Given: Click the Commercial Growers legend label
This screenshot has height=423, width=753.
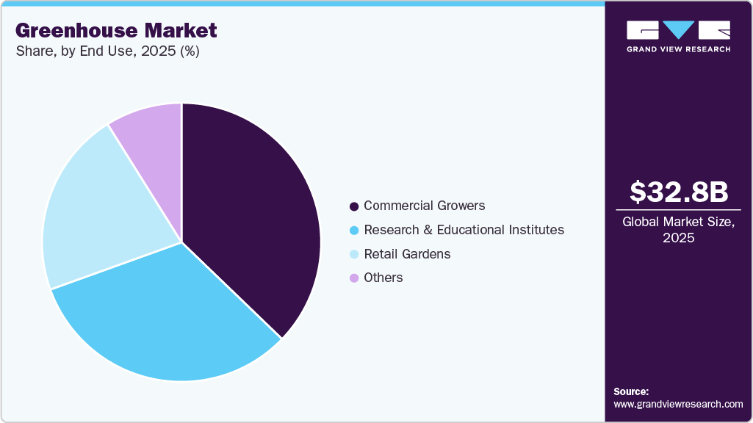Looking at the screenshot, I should point(425,206).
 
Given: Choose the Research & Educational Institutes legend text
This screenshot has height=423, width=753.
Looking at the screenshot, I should point(464,230).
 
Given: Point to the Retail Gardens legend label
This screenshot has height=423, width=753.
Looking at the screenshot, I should point(407,254).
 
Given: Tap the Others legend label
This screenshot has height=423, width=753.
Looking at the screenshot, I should point(383,278).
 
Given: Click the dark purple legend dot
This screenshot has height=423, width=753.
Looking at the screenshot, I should point(354,206).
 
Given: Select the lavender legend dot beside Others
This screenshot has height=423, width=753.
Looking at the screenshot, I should point(354,278).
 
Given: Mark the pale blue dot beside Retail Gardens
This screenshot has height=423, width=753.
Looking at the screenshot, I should point(354,254).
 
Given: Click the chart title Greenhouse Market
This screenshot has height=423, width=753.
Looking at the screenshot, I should point(116,30).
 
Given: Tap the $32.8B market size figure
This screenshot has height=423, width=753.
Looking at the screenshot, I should point(679,192).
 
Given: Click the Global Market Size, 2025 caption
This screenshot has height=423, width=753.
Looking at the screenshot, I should point(679,230).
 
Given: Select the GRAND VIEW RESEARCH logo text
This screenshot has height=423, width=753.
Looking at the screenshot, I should point(679,49).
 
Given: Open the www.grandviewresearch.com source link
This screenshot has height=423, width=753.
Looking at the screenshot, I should point(678,404).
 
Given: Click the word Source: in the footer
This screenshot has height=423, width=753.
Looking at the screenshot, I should point(631,391).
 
